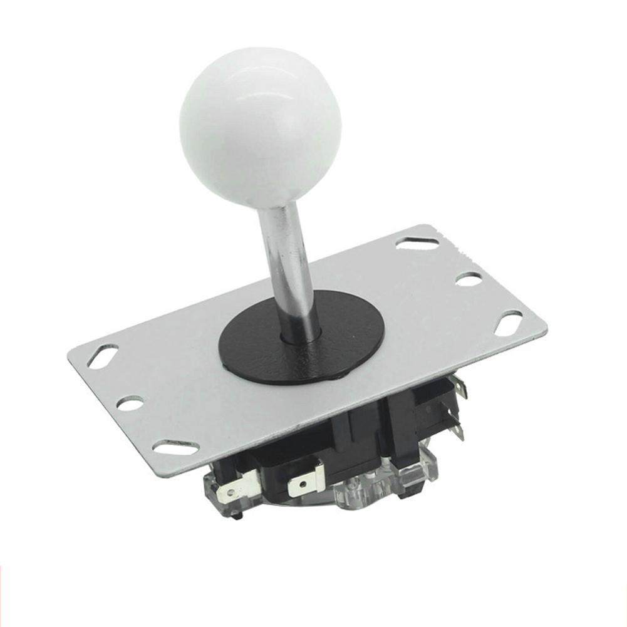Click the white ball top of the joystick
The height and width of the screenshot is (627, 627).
point(260,122)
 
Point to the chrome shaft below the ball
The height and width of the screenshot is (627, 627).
point(285,263)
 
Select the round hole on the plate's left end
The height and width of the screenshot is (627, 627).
point(130,403)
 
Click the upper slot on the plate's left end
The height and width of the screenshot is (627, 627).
point(103,356)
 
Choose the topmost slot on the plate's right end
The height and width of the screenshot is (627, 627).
point(417,243)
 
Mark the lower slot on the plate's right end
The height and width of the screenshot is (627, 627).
point(508,323)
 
